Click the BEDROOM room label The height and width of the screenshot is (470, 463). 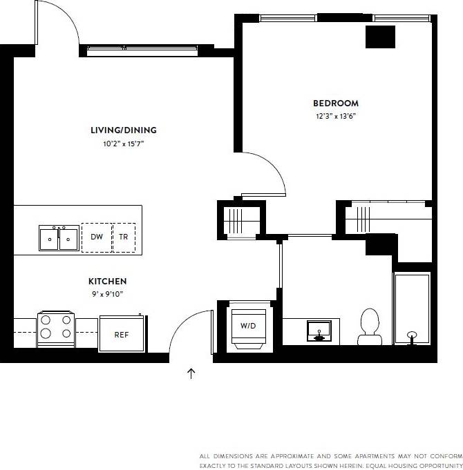point(336,104)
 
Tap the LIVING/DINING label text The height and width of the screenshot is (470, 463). point(124,130)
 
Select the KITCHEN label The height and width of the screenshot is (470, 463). point(107,281)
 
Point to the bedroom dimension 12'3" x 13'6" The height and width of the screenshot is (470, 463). point(336,117)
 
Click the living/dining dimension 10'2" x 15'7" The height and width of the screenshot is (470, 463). point(124,144)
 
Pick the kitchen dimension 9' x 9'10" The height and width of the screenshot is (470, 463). point(107,294)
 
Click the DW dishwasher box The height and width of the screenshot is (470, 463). point(97,237)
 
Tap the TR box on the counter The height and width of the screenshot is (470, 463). point(124,237)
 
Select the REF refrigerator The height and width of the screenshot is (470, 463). point(122,335)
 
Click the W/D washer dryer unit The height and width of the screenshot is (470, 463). point(247,326)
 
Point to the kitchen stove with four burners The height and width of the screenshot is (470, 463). point(57,328)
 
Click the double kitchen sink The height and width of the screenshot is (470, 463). point(59,239)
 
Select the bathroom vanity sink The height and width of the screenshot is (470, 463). point(319,332)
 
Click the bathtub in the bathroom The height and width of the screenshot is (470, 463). point(412,308)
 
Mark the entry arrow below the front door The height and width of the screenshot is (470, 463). point(191,373)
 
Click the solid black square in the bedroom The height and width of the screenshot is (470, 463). point(380,37)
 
